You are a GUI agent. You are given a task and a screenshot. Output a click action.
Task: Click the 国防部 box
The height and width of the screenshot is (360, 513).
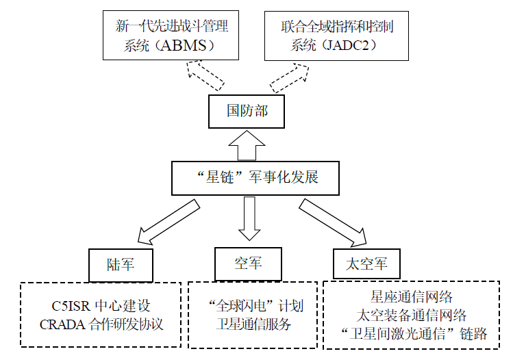tap(247, 112)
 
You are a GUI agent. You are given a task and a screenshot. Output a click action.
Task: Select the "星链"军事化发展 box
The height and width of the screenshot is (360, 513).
tap(255, 178)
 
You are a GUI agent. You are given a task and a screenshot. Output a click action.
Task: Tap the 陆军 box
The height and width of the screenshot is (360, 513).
tap(121, 265)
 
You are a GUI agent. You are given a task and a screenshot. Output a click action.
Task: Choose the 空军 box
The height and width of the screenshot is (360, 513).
tap(248, 264)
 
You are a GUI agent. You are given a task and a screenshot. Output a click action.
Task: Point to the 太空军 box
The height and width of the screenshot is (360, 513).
tap(366, 263)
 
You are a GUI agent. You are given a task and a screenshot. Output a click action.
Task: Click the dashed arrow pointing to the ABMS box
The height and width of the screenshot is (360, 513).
tap(205, 75)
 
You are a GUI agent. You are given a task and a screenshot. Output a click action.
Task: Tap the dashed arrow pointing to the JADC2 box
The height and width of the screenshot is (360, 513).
tap(289, 78)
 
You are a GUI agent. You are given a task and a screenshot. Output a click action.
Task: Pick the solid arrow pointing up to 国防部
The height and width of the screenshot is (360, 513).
tap(247, 146)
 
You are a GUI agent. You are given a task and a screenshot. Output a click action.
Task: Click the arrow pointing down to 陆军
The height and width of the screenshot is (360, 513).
tap(168, 222)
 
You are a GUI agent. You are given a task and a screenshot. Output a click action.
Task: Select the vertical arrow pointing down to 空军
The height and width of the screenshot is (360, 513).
tap(249, 218)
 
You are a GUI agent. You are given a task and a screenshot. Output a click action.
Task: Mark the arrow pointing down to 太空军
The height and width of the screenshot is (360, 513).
tap(332, 222)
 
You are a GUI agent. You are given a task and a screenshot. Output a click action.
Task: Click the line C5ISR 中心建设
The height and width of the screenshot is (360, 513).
tap(101, 306)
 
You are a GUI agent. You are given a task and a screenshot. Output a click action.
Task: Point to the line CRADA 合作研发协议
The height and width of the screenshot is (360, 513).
tap(101, 324)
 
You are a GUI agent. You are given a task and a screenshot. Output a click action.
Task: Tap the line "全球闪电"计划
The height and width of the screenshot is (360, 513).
tap(256, 306)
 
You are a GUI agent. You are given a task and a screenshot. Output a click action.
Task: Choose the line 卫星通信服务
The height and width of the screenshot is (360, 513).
tap(253, 324)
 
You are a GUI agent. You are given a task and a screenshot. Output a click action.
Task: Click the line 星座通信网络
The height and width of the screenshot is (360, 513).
tap(411, 297)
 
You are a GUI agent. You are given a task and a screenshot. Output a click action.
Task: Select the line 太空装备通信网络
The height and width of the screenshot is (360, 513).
tap(411, 316)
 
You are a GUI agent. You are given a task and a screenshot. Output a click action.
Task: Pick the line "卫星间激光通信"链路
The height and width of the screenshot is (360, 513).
tap(414, 334)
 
